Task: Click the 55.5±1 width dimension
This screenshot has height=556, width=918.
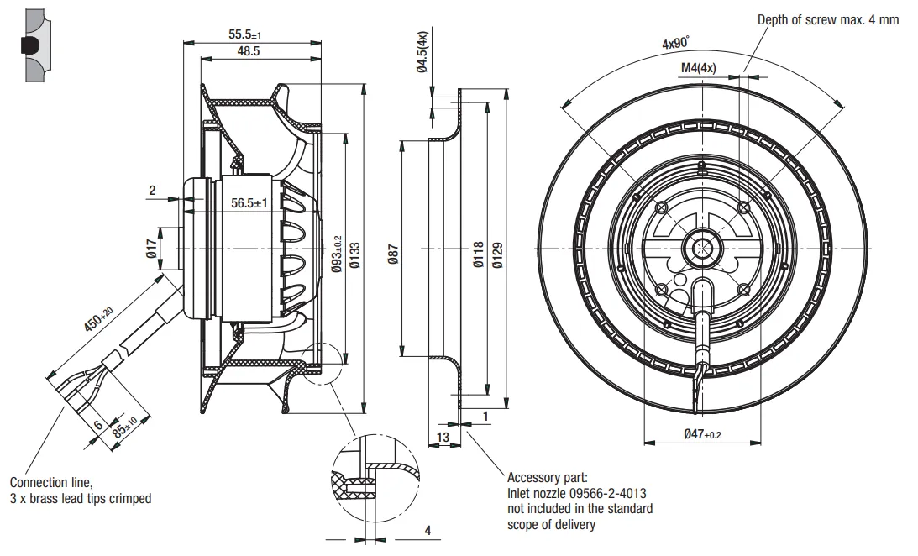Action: click(x=244, y=34)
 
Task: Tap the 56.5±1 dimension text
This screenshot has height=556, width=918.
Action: click(x=249, y=203)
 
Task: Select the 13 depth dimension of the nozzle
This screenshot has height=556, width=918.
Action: click(x=443, y=437)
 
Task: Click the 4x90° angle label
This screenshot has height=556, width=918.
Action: click(x=674, y=43)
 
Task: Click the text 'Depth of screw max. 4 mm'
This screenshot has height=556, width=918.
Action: click(x=828, y=19)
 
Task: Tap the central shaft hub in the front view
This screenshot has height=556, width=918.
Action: click(x=701, y=248)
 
